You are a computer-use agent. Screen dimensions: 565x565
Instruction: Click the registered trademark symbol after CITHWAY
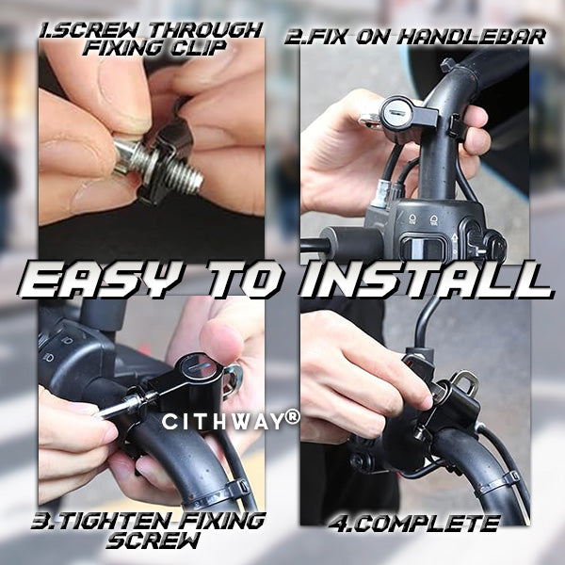[292, 416]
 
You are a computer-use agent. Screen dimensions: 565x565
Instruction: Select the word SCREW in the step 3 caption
[153, 541]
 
